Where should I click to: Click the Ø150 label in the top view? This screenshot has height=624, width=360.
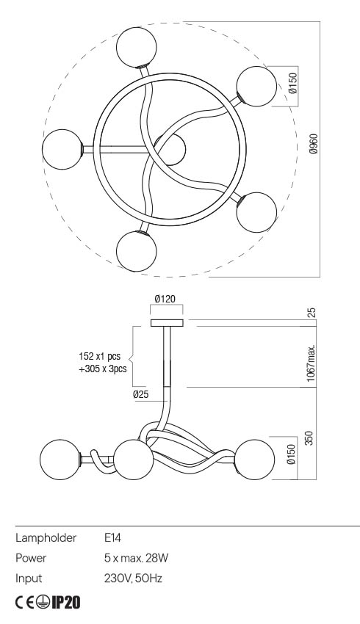click(x=292, y=85)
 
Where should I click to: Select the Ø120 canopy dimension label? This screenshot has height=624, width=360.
click(x=165, y=300)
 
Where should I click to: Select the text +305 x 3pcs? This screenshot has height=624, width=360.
click(x=104, y=369)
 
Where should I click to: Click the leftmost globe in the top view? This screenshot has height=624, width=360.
click(x=62, y=149)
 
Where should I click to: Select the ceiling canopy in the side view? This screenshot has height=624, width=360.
click(x=168, y=322)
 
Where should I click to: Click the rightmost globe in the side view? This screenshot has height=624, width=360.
click(x=254, y=460)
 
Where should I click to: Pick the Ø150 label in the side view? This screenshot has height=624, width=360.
click(x=292, y=457)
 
